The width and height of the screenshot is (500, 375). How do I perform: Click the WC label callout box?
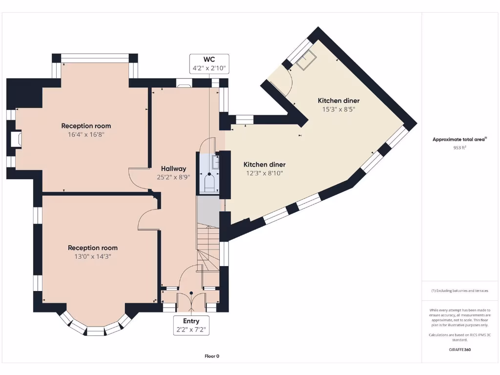[209, 64]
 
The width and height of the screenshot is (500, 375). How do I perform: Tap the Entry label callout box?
[191, 325]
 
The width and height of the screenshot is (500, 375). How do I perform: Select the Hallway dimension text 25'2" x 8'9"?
[173, 177]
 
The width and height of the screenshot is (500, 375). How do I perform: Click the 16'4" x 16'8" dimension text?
[86, 134]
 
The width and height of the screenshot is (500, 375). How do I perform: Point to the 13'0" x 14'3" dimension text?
[93, 256]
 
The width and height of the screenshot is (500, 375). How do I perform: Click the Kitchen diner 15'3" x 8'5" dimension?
[339, 109]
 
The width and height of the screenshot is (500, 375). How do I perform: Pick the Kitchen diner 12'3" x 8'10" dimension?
[264, 173]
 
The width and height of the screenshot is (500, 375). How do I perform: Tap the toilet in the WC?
[209, 183]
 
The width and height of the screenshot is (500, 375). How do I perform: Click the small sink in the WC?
[216, 162]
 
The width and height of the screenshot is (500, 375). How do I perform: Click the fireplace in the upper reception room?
[16, 139]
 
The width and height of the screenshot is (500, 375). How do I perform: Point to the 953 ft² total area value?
[459, 147]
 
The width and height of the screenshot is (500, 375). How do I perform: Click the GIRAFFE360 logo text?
[459, 350]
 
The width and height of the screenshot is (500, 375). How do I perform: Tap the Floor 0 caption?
[212, 356]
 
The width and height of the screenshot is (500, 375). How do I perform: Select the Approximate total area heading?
[459, 139]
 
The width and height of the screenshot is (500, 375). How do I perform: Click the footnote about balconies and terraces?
[459, 291]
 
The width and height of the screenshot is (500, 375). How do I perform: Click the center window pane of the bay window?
[95, 331]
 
